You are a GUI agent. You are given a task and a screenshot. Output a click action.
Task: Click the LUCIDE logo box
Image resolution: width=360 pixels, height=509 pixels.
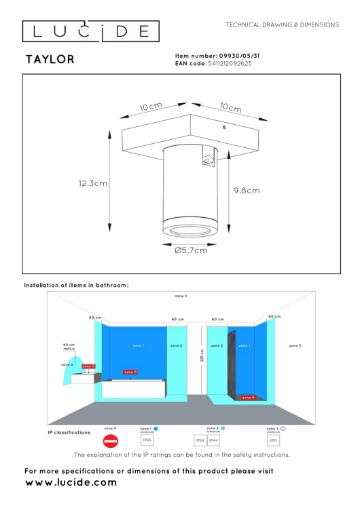pos(91,31)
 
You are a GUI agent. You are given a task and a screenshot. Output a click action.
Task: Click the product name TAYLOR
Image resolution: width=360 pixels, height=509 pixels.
pos(50,60)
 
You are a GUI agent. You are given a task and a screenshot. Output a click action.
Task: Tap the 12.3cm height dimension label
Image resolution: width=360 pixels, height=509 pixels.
pos(93,183)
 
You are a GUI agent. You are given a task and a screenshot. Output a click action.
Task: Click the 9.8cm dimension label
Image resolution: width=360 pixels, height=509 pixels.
pos(245,191)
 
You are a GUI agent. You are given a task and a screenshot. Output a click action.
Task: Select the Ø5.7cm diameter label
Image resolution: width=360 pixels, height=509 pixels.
pos(191,250)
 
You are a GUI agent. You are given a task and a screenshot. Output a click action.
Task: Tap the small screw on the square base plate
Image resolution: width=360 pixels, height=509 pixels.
pos(224,127)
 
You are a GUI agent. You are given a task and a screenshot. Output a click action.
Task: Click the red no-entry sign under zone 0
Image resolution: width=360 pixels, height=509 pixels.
pos(110,440)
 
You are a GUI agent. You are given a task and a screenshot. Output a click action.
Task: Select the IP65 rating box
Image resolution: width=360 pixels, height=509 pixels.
pos(147,440)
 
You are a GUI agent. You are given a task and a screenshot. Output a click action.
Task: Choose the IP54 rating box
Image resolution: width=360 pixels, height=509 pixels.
pos(200,440)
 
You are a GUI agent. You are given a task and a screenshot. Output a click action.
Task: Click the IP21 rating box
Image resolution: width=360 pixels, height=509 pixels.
pos(273,440)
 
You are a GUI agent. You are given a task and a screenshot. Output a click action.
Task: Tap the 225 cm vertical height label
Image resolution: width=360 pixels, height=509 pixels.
pos(202,355)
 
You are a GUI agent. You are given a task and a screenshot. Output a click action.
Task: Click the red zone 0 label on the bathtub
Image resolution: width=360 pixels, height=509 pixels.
pos(130,373)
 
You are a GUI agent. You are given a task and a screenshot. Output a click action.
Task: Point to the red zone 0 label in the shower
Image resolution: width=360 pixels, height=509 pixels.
pos(248,398)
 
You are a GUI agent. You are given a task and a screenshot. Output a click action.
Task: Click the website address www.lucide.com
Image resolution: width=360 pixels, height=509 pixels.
pos(71,483)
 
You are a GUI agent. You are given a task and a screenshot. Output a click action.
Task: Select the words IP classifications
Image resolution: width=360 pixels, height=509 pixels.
pos(69,432)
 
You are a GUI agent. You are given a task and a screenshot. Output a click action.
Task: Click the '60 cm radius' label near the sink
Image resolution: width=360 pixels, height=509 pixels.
pos(68,346)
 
